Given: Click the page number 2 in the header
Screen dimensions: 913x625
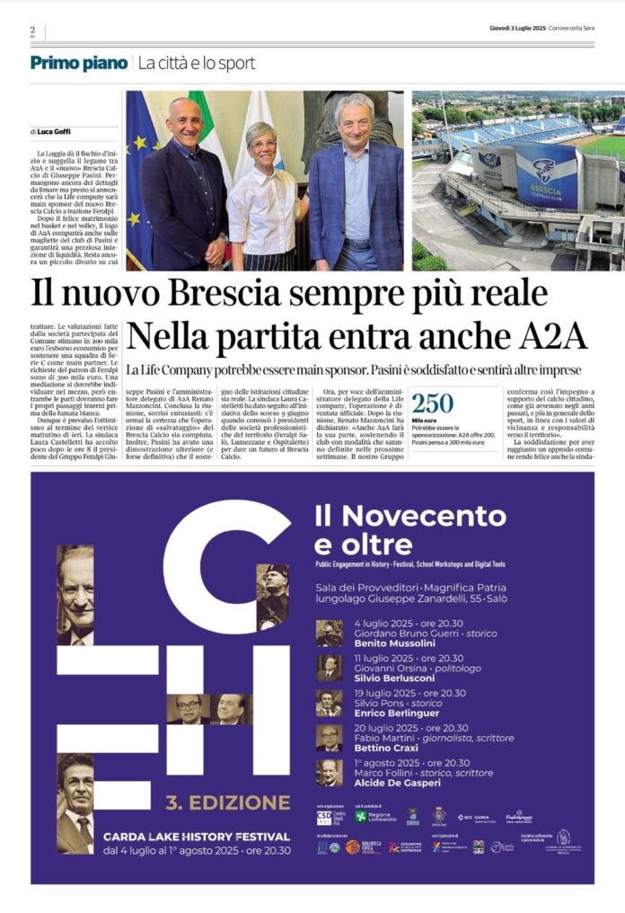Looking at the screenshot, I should pyautogui.click(x=32, y=30).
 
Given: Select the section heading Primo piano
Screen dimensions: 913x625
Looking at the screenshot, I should pyautogui.click(x=79, y=63).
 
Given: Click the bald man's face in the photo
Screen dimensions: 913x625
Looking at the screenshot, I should pyautogui.click(x=183, y=120).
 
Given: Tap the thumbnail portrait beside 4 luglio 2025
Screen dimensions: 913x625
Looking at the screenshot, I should pyautogui.click(x=329, y=634).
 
